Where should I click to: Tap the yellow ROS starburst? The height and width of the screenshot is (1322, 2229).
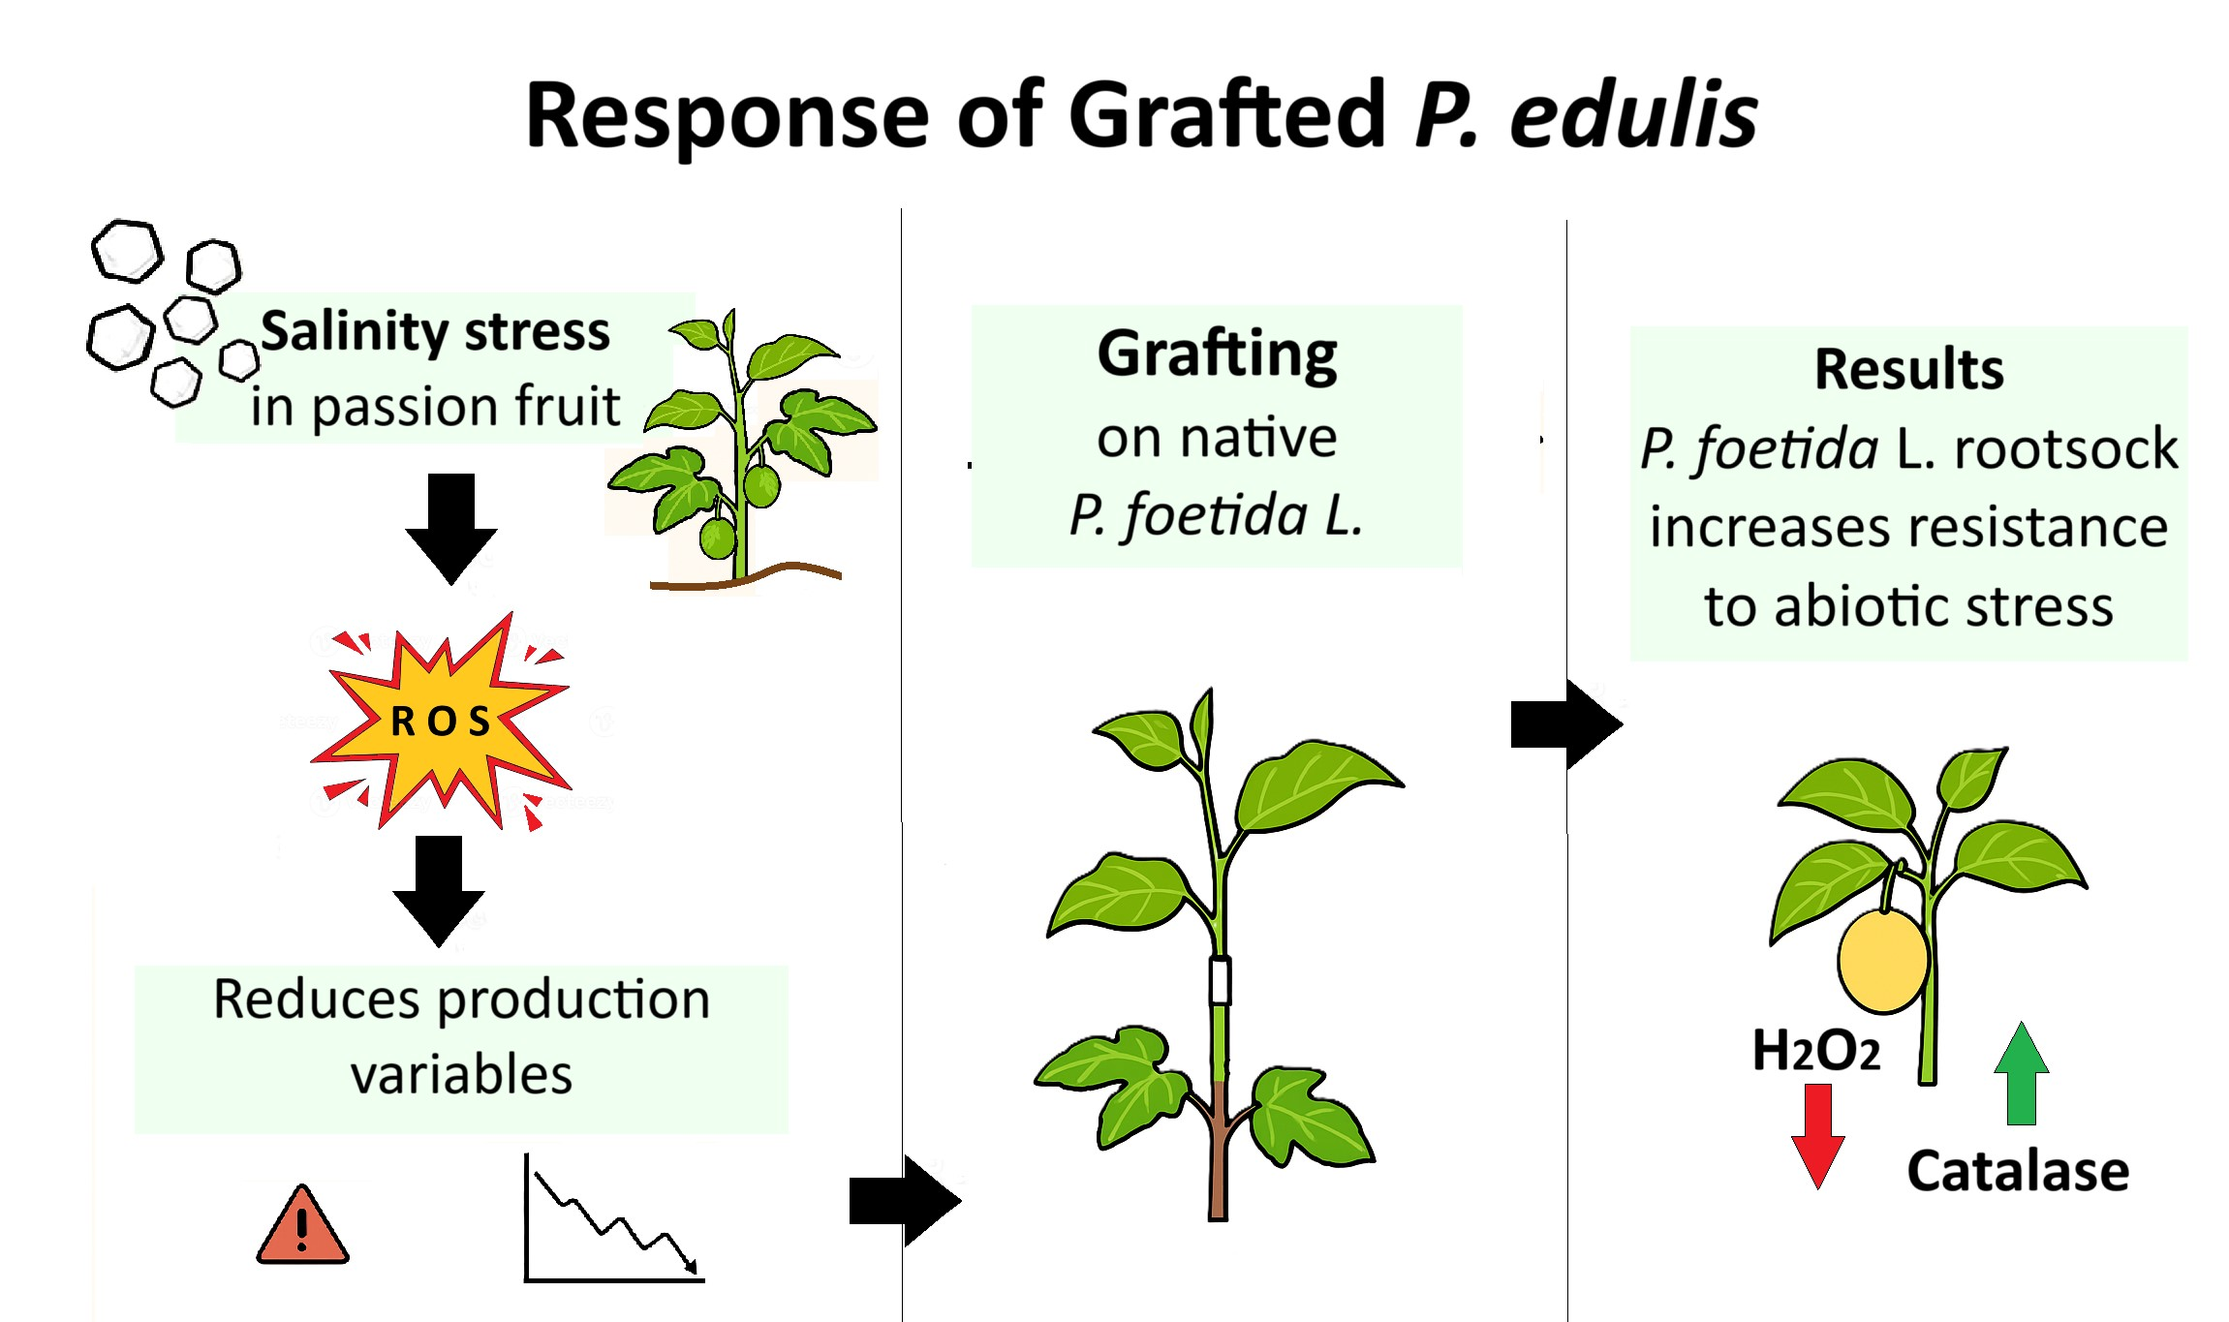[x=441, y=722]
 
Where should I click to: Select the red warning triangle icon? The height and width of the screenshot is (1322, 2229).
[x=302, y=1228]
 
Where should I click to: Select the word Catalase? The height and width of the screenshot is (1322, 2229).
[x=2018, y=1171]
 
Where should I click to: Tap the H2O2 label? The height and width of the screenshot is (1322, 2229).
[x=1816, y=1051]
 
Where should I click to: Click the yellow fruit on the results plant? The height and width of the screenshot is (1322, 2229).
[x=1883, y=962]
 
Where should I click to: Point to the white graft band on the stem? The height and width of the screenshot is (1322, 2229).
[x=1220, y=980]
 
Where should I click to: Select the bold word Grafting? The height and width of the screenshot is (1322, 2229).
[x=1217, y=354]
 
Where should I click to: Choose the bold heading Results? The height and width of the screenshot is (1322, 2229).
[x=1908, y=369]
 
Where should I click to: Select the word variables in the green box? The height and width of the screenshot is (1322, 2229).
[x=461, y=1075]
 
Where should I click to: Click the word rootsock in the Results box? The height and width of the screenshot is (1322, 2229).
[x=2065, y=449]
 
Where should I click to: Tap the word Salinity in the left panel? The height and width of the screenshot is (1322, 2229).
[x=354, y=332]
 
